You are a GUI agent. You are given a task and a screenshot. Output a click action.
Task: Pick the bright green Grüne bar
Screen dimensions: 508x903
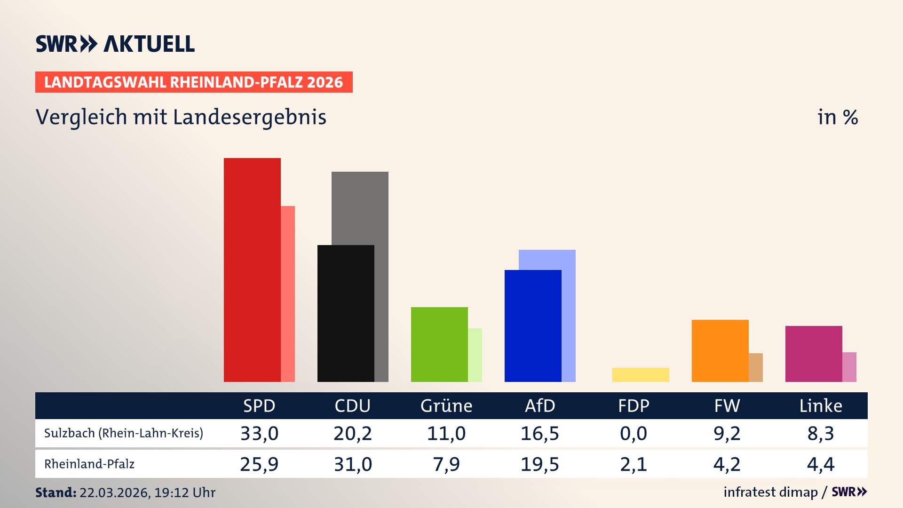pos(439,344)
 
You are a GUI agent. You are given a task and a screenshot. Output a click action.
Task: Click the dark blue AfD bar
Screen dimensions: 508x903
pos(533,325)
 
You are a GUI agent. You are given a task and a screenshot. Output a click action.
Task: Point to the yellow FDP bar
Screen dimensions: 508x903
pos(641,375)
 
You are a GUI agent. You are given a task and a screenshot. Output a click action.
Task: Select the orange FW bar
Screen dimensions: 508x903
pos(720,350)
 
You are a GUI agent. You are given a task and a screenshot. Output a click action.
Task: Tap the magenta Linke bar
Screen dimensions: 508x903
pos(814,354)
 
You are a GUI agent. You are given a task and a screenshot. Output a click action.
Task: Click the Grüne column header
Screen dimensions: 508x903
pos(446,405)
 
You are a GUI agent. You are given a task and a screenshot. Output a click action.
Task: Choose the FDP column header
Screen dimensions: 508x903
pos(634,405)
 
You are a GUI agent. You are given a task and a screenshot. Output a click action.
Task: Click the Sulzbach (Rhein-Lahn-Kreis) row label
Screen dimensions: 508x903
pos(124,433)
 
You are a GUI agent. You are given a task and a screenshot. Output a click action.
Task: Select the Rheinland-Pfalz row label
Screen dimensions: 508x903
pos(89,464)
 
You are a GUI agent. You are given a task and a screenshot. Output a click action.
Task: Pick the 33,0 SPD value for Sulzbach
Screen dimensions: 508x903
pos(259,433)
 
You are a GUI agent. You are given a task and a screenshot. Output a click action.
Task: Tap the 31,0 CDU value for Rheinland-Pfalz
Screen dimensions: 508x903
pos(353,464)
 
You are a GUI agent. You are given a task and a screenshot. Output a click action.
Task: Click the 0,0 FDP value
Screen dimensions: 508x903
pos(634,433)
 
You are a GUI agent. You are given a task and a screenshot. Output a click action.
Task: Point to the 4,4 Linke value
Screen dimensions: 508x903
pos(821,464)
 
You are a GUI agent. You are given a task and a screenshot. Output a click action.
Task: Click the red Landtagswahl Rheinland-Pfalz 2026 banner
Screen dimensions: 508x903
pos(194,82)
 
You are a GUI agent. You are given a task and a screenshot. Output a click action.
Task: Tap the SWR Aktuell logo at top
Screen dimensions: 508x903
pos(115,44)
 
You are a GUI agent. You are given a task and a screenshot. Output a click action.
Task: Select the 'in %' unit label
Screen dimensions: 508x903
pos(838,117)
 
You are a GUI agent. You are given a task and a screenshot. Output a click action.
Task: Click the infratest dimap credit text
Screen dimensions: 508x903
pos(770,492)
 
